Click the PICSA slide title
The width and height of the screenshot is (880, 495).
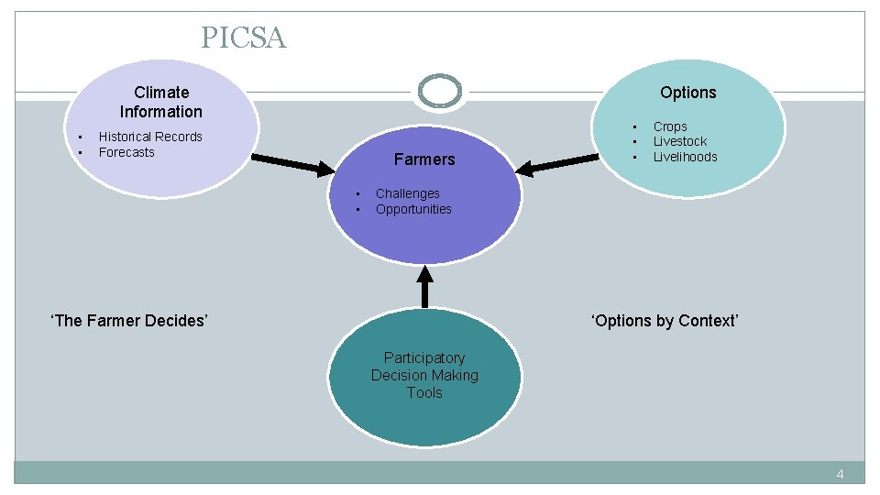[x=244, y=38]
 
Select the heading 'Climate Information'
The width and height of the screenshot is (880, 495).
[x=161, y=102]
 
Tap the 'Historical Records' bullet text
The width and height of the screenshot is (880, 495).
[x=150, y=137]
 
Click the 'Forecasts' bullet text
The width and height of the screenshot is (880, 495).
[x=126, y=152]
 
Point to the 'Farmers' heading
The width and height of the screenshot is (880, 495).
[x=424, y=159]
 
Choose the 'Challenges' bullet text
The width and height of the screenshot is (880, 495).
[x=407, y=193]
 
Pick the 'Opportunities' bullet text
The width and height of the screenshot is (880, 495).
[x=413, y=209]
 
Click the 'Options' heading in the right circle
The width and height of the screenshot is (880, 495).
[x=687, y=93]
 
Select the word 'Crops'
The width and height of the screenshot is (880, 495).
[x=670, y=126]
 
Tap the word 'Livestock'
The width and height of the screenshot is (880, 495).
[x=680, y=141]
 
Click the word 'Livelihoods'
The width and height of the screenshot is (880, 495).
[x=685, y=157]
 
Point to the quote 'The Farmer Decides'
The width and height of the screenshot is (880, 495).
[x=129, y=321]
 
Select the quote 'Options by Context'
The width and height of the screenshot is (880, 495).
[x=665, y=321]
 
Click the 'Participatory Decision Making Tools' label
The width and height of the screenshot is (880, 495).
[x=424, y=375]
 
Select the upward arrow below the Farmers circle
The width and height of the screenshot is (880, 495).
[x=424, y=286]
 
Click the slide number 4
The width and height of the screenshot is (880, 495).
[x=839, y=474]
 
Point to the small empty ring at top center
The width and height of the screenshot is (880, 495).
[x=440, y=91]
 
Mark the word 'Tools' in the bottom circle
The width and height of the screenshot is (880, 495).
[x=424, y=392]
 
